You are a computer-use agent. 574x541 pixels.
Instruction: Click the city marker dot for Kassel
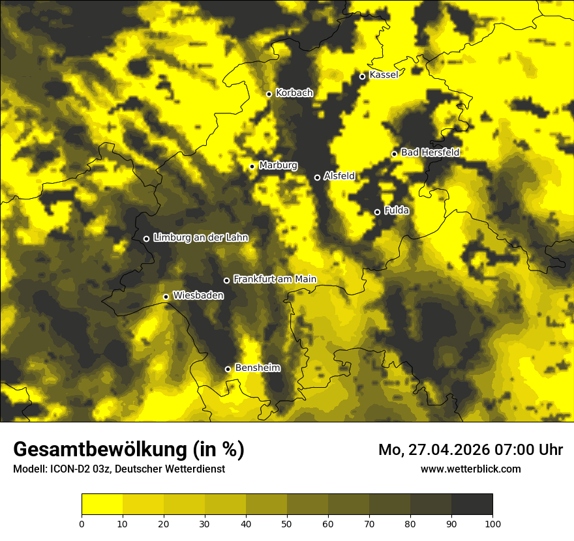point(362,76)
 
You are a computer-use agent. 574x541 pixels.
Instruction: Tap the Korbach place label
point(294,93)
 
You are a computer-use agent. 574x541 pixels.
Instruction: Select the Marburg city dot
point(252,166)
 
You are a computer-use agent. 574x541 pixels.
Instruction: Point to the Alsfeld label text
point(339,176)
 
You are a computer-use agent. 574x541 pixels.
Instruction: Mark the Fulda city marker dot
point(377,212)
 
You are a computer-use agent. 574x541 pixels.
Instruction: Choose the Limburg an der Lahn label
point(201,238)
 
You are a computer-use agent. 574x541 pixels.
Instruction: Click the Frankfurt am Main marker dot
point(226,280)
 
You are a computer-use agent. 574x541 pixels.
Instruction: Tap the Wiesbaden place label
point(198,296)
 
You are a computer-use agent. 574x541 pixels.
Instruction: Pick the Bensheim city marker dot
point(228,369)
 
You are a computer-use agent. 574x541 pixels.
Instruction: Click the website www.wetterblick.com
point(471,469)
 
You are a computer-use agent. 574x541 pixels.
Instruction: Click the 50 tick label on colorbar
point(287,523)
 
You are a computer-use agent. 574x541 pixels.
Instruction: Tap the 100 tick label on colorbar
point(492,523)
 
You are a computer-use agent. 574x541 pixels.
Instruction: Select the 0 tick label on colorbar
point(82,523)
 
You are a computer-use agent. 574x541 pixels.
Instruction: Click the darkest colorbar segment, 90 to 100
point(472,504)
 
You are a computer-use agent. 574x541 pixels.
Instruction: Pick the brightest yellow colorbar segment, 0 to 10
point(102,504)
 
